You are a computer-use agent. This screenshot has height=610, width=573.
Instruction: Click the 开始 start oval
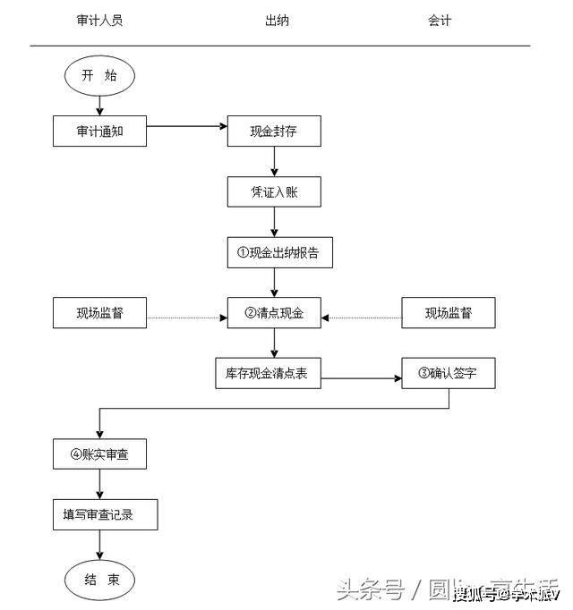(x=99, y=77)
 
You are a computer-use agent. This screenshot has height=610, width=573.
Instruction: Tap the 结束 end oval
(x=99, y=580)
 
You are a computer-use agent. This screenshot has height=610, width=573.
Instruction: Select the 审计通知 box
(x=99, y=131)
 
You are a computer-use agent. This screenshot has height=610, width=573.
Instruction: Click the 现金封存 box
(x=273, y=131)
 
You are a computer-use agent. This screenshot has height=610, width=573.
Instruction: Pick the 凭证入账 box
(x=273, y=192)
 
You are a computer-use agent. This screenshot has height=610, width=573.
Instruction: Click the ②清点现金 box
(x=273, y=313)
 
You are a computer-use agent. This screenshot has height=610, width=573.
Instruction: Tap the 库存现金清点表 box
(x=268, y=374)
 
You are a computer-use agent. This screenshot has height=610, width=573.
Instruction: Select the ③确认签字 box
(x=448, y=374)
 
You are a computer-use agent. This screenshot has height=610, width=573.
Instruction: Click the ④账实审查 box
(x=99, y=454)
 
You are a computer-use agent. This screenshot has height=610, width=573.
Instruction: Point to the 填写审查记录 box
(x=105, y=515)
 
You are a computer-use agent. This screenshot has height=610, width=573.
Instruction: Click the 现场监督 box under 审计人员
(x=99, y=313)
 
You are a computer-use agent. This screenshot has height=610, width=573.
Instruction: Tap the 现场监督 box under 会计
(x=448, y=313)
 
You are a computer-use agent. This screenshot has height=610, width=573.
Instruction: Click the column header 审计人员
(x=99, y=21)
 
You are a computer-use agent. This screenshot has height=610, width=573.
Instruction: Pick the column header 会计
(x=439, y=21)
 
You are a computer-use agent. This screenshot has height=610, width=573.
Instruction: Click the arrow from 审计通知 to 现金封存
(x=186, y=126)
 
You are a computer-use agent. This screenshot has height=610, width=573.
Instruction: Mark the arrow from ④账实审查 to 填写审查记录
(x=99, y=484)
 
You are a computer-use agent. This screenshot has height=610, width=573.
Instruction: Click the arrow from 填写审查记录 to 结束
(x=99, y=546)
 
